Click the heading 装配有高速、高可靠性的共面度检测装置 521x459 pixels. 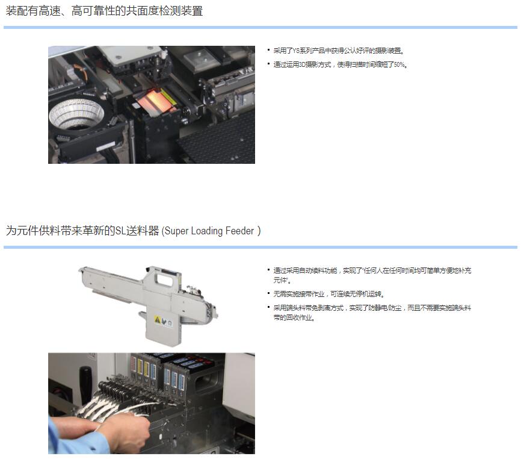coord(104,11)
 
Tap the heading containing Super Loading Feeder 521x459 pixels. coord(133,231)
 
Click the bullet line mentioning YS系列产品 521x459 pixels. coord(339,51)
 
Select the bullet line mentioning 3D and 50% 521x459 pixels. coord(341,64)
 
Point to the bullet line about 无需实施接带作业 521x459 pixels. coord(329,294)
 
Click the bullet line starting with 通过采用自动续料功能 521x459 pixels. coord(372,275)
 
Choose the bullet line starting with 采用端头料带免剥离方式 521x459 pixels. coord(372,313)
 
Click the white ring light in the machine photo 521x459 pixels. coord(76,114)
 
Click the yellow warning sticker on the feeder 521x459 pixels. coord(158,320)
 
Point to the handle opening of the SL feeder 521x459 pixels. coord(164,279)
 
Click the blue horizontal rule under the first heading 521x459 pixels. coord(260,28)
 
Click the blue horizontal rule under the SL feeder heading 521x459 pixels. coord(260,248)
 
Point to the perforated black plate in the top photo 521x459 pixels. coord(220,140)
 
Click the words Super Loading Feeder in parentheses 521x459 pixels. coord(209,231)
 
